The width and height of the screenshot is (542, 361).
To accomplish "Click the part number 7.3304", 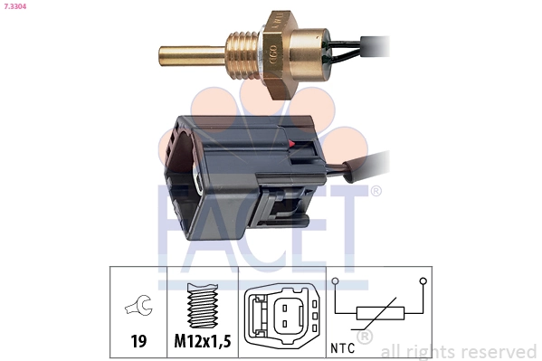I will click(x=15, y=7).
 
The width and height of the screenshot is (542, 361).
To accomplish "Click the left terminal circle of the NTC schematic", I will click(x=336, y=280).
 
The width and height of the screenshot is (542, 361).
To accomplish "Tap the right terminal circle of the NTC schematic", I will click(x=422, y=280).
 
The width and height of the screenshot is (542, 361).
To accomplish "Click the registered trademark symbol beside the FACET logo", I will click(x=376, y=191).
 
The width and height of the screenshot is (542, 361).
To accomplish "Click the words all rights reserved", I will click(x=458, y=351).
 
